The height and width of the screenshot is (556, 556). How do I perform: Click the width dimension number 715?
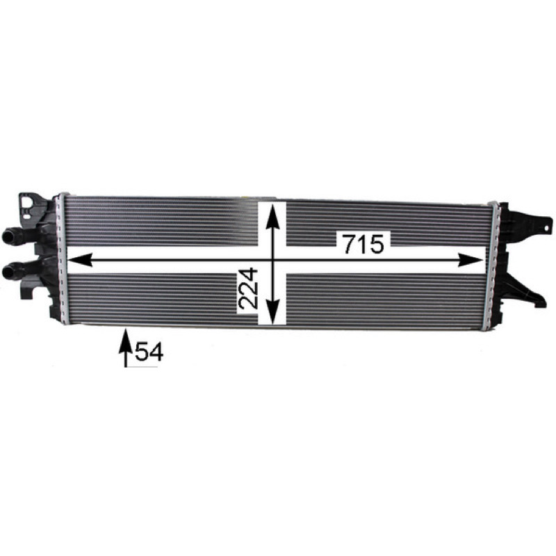coord(364,244)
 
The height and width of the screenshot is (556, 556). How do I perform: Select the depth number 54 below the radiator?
coord(149,352)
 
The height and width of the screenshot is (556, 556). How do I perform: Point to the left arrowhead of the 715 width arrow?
coord(80,260)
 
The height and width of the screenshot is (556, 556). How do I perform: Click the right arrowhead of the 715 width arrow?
coord(471,260)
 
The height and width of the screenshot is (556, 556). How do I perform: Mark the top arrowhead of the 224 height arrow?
coord(272,217)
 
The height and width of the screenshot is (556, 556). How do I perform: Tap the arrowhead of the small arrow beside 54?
coord(125,338)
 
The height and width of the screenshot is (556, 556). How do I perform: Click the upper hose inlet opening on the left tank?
coord(7,236)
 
